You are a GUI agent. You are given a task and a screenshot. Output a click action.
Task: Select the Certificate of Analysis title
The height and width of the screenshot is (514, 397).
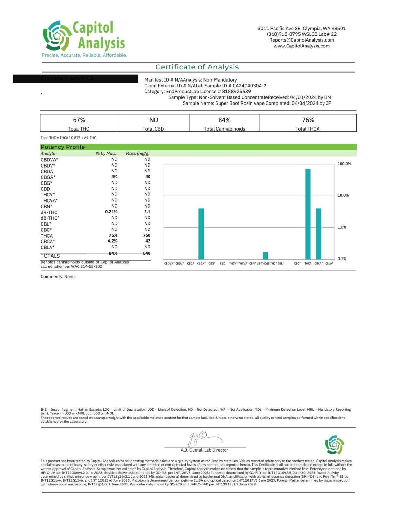point(197,67)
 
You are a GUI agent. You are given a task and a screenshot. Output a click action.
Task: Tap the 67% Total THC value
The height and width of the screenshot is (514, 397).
point(79,120)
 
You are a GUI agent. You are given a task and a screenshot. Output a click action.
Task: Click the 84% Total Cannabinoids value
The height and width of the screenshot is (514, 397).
point(224,120)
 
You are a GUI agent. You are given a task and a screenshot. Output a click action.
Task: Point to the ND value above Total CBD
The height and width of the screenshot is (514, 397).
point(154,120)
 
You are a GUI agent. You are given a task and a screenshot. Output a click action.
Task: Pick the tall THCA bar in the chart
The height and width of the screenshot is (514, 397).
point(308,214)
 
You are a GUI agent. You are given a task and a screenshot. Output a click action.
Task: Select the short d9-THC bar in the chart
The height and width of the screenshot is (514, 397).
point(265,256)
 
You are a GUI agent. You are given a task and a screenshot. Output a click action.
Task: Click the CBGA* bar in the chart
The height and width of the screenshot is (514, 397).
point(201,234)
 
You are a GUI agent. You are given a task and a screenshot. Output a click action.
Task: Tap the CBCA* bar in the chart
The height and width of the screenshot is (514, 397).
point(319,234)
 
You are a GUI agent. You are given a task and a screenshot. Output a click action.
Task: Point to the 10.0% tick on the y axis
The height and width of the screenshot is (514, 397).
point(343,195)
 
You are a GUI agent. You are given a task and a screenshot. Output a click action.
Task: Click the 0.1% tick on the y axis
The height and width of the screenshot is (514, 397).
point(342,259)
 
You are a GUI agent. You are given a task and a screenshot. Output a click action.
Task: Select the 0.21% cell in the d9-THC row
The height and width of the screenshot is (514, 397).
point(111,212)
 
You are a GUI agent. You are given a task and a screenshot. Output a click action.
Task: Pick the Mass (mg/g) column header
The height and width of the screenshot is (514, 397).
point(137,154)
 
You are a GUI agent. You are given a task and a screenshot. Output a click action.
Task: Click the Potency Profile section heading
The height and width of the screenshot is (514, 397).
point(63,147)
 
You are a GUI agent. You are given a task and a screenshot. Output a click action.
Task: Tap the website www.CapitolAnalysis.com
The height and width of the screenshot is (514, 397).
point(301,46)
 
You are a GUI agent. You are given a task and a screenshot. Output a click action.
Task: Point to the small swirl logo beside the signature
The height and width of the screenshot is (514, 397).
point(335,445)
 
